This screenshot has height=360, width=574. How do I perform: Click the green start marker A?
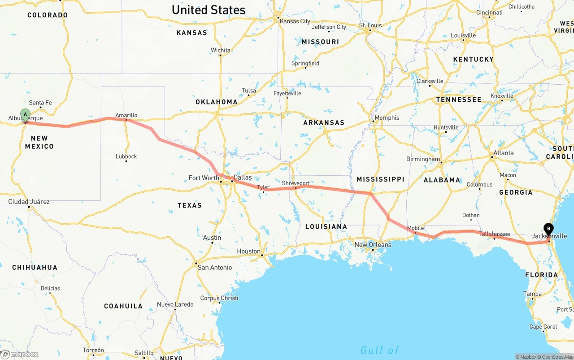[26, 114]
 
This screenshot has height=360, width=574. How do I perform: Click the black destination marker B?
[548, 229]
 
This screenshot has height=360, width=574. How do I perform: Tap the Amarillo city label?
[126, 115]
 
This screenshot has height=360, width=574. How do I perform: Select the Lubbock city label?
[126, 156]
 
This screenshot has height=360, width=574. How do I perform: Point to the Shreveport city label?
[296, 183]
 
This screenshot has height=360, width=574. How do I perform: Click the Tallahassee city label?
[494, 234]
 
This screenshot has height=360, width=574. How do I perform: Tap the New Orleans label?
[373, 245]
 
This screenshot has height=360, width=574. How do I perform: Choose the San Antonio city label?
[215, 268]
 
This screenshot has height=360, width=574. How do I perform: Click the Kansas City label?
[295, 21]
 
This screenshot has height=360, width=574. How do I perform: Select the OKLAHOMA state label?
[217, 102]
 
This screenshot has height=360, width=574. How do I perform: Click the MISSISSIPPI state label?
[380, 179]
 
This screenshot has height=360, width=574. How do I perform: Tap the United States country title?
[209, 10]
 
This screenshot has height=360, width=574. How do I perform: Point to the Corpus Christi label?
[219, 298]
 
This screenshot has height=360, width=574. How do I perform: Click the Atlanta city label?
[503, 153]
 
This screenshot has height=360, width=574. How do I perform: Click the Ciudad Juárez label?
[29, 202]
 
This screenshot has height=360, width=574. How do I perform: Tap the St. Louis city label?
[370, 25]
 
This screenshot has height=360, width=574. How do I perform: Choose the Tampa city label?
[532, 294]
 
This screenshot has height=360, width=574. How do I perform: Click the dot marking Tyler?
[263, 191]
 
